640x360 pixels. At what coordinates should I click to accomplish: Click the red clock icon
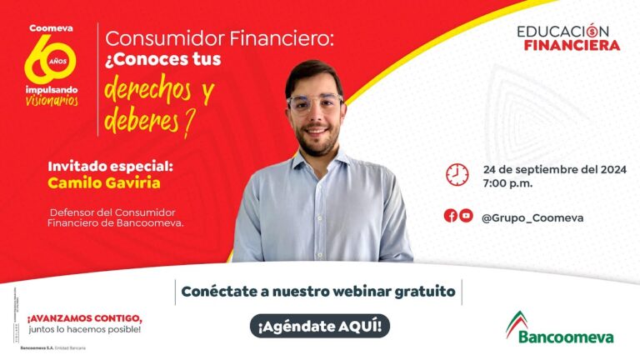click(x=457, y=174)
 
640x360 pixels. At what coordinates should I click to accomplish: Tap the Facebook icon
click(x=450, y=216)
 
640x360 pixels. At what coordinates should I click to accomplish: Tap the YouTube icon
click(x=466, y=216)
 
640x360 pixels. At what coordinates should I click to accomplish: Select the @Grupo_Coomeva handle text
click(x=532, y=217)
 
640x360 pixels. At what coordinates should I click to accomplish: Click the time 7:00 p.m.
click(x=507, y=182)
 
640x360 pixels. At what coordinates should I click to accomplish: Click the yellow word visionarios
click(x=52, y=100)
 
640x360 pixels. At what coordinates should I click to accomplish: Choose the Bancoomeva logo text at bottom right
click(x=566, y=336)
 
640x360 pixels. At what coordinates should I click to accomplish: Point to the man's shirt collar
click(x=312, y=162)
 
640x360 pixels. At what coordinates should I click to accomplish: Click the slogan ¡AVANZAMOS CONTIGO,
click(x=84, y=317)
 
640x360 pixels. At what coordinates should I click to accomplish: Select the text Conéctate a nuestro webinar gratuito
click(x=318, y=292)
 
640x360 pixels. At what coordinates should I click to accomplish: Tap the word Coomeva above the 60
click(x=52, y=27)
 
